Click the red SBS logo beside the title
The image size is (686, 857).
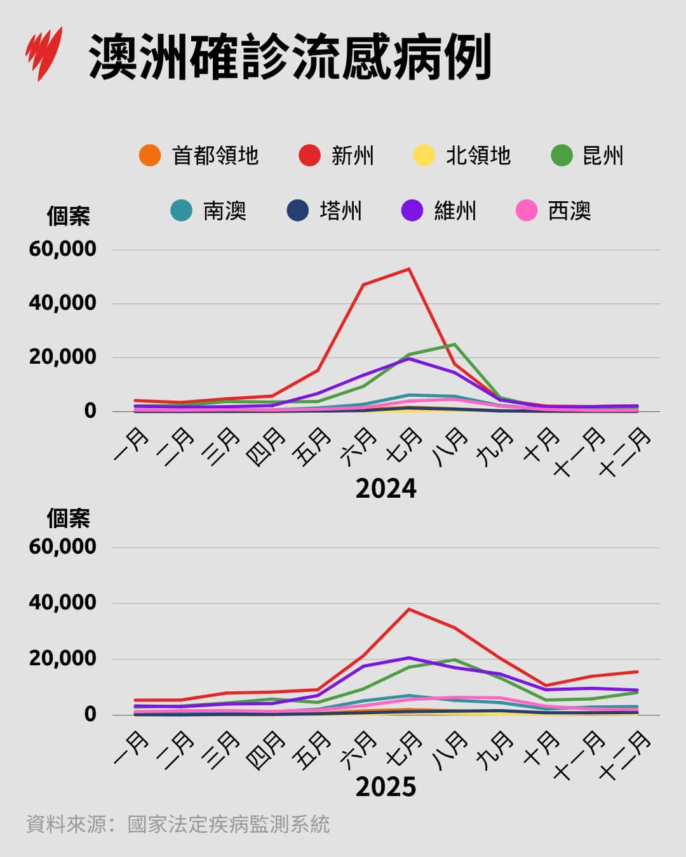pos(44,53)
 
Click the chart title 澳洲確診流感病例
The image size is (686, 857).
pos(290,57)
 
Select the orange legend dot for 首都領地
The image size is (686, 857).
pos(150,156)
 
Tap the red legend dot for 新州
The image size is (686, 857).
pos(309,156)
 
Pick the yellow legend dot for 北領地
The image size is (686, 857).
pos(424,156)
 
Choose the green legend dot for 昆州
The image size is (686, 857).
pos(562,156)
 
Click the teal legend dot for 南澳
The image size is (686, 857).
pos(182,211)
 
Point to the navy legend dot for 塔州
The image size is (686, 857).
pos(298,211)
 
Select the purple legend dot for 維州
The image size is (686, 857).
pos(412,211)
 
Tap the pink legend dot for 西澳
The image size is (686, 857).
pos(527,211)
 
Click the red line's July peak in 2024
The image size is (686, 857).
pos(409,269)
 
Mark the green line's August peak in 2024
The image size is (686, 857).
pos(454,344)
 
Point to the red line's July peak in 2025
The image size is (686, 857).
pos(409,609)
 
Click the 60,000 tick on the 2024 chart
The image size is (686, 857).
pos(62,249)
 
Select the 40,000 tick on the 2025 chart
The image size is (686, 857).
pos(62,602)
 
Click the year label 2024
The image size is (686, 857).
pos(386,489)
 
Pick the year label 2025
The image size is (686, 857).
pos(386,787)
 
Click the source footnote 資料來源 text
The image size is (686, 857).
pos(178,825)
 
